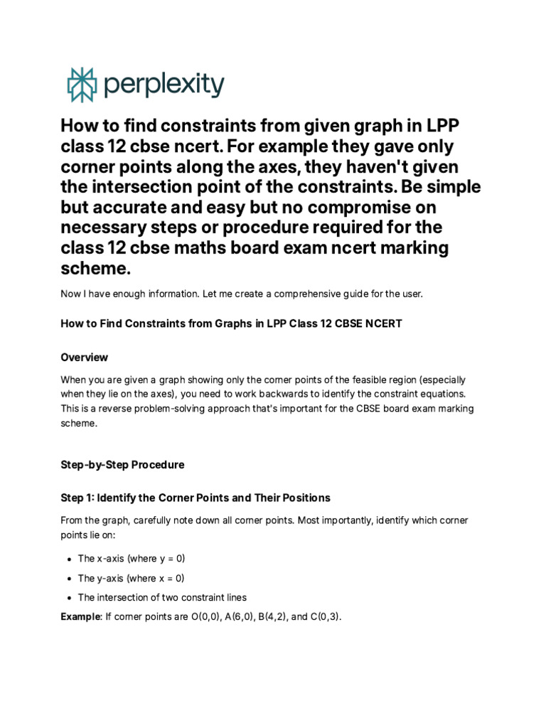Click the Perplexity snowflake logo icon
pyautogui.click(x=80, y=85)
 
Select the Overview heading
pyautogui.click(x=84, y=357)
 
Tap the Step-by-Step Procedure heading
pyautogui.click(x=122, y=464)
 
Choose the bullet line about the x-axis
pyautogui.click(x=131, y=558)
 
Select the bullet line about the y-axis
pyautogui.click(x=131, y=578)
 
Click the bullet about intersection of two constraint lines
pyautogui.click(x=162, y=597)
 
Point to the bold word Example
pyautogui.click(x=80, y=616)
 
